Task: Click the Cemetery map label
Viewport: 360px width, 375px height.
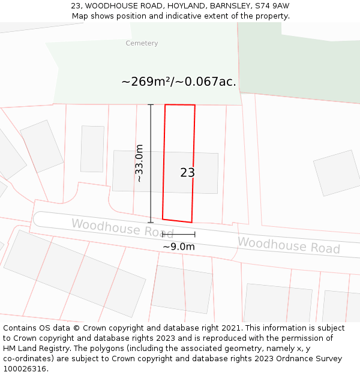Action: click(142, 43)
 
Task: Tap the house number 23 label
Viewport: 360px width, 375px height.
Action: click(187, 173)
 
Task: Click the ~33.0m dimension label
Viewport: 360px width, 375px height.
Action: click(139, 163)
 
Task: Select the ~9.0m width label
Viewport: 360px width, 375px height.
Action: click(179, 247)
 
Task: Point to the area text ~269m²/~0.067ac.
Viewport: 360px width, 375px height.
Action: click(179, 82)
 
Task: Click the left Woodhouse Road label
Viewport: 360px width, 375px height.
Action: click(122, 228)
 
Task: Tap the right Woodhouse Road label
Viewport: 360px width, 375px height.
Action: click(289, 245)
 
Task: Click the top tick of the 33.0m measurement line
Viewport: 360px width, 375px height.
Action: click(151, 105)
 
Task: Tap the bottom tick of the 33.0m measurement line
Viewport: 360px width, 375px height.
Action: click(151, 223)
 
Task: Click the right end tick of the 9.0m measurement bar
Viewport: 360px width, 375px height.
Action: click(195, 234)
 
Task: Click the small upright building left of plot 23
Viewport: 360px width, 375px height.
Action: click(92, 149)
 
